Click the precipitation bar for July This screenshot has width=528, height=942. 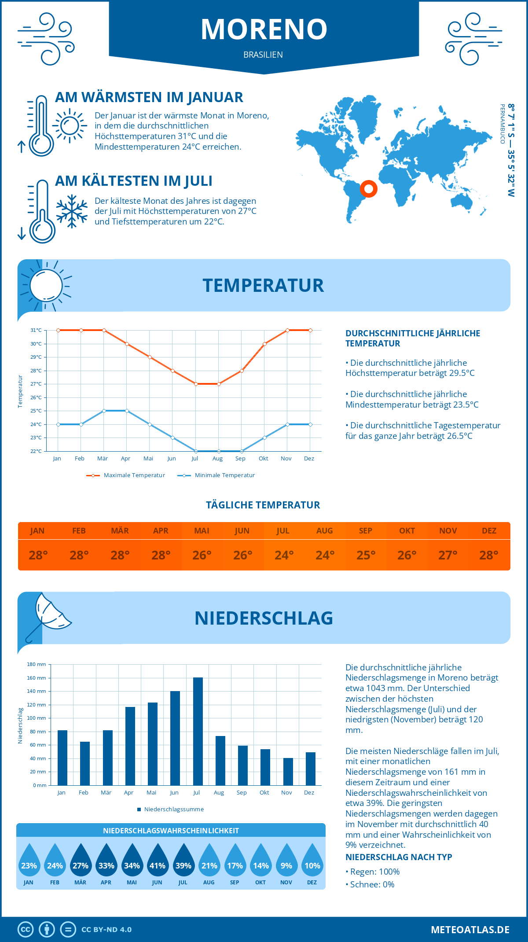[198, 731]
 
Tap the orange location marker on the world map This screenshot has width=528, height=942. [368, 189]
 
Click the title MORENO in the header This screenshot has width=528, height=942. [264, 29]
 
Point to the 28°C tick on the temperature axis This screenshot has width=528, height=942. [36, 371]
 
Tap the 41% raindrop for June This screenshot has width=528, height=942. [158, 865]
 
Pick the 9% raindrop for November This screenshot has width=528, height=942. [286, 865]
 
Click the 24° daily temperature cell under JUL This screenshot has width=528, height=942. [284, 555]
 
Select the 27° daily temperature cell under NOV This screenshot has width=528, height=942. [448, 555]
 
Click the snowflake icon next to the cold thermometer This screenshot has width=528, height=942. [72, 211]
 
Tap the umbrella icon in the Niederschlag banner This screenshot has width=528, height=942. [48, 616]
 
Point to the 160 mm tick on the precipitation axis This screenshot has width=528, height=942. [37, 678]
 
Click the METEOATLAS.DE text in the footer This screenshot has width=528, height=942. [470, 930]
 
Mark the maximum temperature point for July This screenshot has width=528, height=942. [196, 384]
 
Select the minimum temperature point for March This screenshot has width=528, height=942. [104, 411]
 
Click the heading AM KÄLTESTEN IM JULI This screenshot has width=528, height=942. [134, 181]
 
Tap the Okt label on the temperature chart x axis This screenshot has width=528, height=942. [263, 459]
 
